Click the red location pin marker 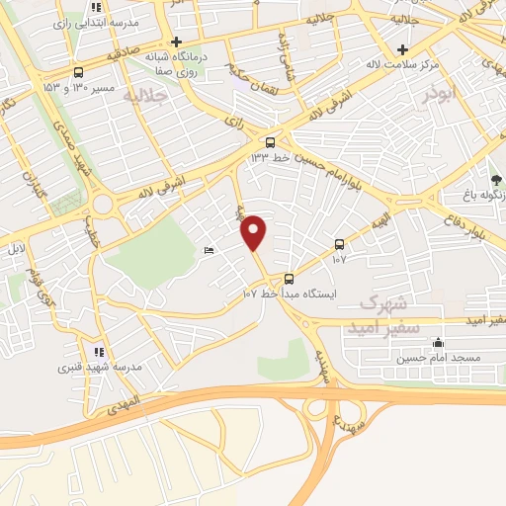(x=254, y=232)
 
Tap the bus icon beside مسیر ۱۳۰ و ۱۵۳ (x=78, y=72)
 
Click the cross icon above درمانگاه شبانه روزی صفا (x=175, y=42)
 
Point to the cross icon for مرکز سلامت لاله (x=402, y=49)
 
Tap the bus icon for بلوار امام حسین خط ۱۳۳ (x=271, y=141)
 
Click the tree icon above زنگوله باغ (x=497, y=178)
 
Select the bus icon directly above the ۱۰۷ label (x=339, y=243)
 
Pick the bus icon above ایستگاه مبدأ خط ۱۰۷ (x=289, y=278)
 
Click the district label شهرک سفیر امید (x=388, y=312)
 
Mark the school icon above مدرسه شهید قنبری (x=97, y=351)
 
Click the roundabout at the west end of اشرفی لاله (x=103, y=205)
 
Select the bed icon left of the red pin (x=207, y=252)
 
